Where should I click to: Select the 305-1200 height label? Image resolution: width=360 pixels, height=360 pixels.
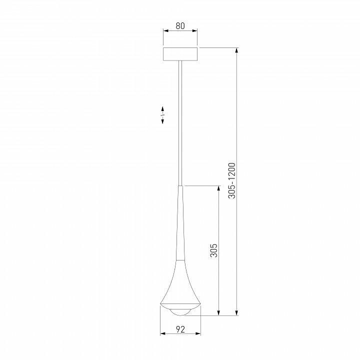click(231, 180)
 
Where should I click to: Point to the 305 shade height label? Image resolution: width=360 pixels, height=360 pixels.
click(213, 250)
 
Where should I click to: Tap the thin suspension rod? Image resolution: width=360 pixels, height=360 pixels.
click(180, 120)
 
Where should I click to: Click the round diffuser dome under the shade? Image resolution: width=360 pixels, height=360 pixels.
click(180, 312)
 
